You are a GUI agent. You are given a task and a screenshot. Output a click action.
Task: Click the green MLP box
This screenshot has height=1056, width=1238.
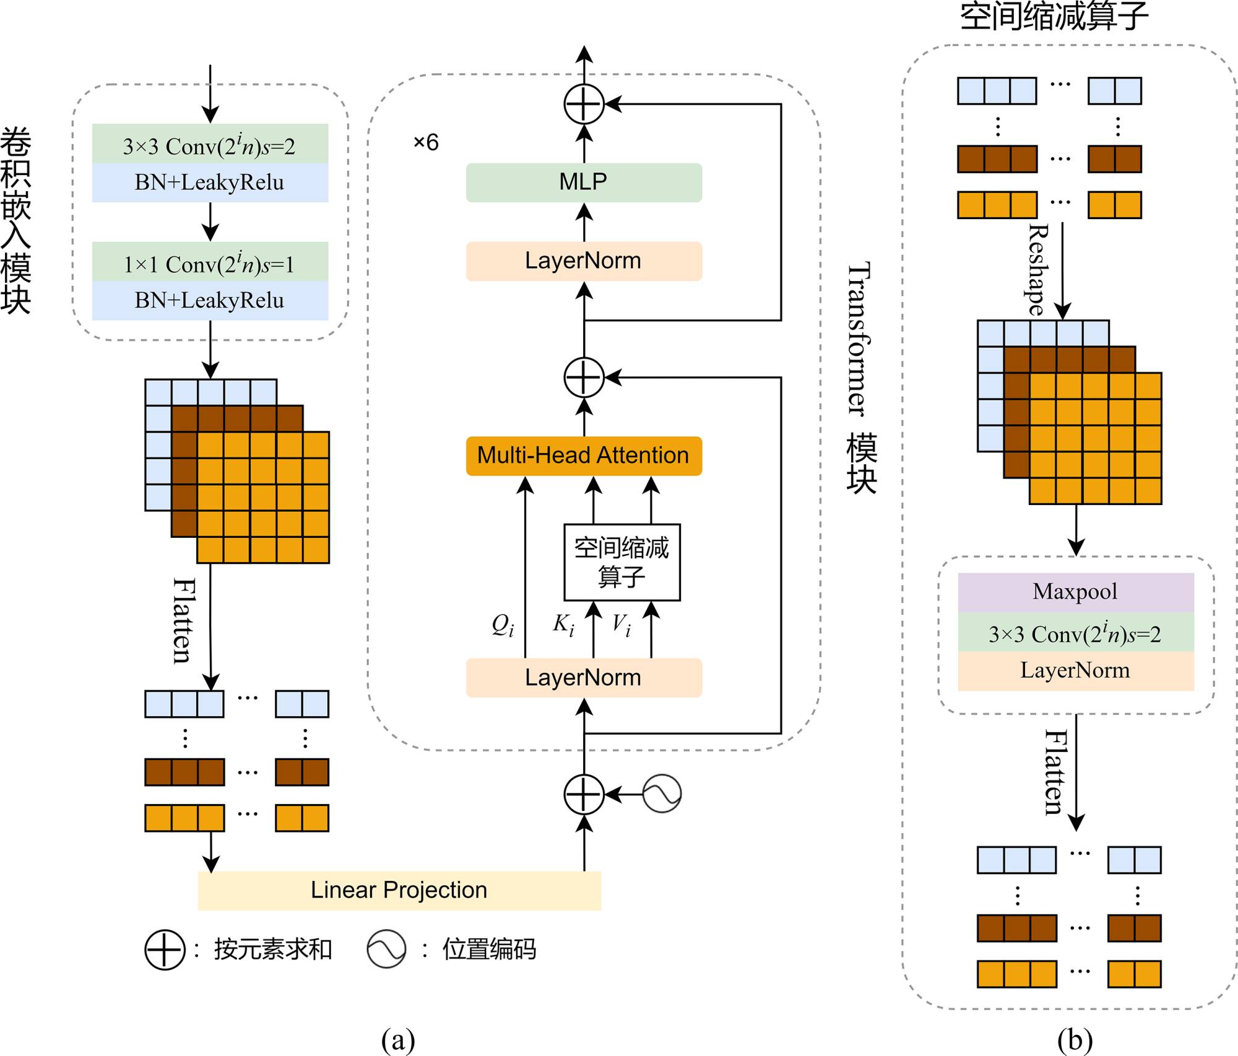coord(584,182)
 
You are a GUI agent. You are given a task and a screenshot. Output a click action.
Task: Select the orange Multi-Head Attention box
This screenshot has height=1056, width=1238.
coord(584,456)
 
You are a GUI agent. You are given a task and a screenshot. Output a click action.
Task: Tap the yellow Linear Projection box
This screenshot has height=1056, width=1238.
coord(399,890)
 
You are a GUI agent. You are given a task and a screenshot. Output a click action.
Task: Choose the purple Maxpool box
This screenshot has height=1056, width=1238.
coord(1075,592)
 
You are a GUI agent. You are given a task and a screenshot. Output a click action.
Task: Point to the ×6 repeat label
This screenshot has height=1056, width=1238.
coord(426,142)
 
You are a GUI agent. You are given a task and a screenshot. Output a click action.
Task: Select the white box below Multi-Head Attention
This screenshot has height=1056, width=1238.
coord(621,562)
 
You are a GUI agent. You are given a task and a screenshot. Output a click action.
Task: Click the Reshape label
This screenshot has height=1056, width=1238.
coord(1037,270)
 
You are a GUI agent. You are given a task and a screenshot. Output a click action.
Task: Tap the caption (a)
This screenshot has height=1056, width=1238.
coord(398,1040)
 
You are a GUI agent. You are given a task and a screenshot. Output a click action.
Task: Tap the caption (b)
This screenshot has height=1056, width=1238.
coord(1075,1040)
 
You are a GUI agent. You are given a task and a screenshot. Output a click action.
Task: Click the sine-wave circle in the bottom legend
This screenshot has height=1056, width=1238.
coord(386,949)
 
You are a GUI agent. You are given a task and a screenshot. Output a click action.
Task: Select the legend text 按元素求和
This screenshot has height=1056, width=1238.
coord(273,949)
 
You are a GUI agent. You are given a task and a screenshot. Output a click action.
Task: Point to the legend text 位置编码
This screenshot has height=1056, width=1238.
coord(489,949)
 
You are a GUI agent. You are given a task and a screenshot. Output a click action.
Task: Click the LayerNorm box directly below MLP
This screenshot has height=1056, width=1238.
coord(584,261)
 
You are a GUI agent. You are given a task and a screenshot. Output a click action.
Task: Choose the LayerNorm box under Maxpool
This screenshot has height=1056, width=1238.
coord(1075,671)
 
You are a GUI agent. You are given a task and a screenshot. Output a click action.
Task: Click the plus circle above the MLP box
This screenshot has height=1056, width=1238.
coord(584,104)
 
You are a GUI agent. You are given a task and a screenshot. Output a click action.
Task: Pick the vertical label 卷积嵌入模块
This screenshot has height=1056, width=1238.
coord(16,220)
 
